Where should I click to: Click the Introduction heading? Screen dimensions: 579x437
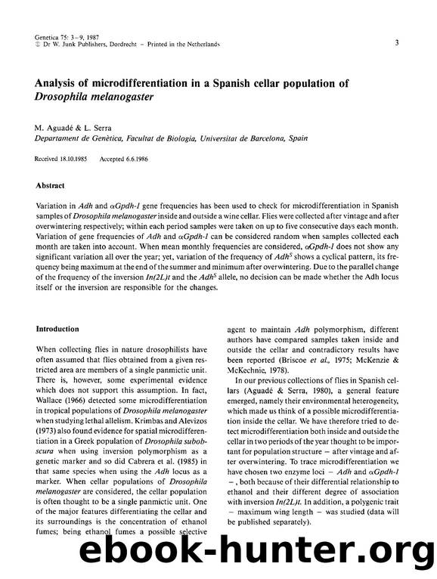58,330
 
